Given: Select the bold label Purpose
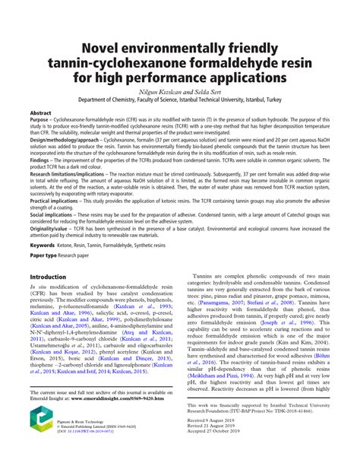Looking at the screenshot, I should pos(41,120).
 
